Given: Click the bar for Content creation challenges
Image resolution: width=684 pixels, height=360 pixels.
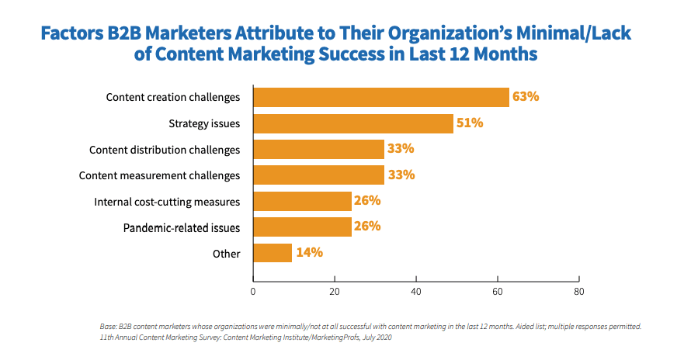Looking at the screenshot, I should tap(380, 97).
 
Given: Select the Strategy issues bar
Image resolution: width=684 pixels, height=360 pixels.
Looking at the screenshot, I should tap(352, 123).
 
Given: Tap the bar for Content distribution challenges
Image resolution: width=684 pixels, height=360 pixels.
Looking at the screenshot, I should tap(318, 149).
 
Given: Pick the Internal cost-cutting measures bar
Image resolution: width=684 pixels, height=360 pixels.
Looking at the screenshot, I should tap(302, 201).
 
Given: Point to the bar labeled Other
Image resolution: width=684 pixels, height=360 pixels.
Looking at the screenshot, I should tap(273, 253).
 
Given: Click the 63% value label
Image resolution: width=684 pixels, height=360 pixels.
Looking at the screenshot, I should tap(526, 97).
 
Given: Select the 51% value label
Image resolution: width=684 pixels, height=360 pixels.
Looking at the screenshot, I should tap(470, 123).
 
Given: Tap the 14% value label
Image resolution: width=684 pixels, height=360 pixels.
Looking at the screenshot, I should tap(309, 253).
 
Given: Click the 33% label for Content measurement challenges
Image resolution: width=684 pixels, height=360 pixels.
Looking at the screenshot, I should tap(401, 175).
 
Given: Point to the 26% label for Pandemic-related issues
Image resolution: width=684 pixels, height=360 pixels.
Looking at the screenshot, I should tap(366, 227).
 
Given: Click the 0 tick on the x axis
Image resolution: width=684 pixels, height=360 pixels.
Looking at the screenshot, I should tap(253, 292).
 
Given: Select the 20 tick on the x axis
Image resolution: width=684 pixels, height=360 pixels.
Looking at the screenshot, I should tap(334, 292).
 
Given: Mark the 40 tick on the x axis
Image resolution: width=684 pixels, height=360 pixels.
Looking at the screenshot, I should tap(416, 292).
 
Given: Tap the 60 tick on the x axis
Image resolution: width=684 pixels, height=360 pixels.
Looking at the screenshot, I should tap(497, 292).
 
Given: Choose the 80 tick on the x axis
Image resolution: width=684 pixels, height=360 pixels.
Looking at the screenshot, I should tap(578, 292).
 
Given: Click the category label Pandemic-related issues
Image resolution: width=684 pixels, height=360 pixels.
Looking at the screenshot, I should tap(182, 227).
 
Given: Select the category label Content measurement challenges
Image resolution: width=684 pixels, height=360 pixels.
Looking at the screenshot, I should tap(159, 175).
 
